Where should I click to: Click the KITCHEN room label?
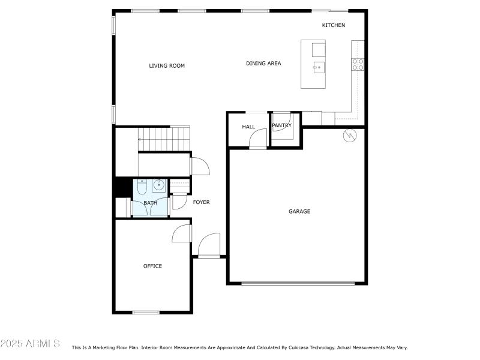click(x=334, y=25)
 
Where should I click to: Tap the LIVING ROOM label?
click(x=167, y=66)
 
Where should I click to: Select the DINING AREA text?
click(x=263, y=64)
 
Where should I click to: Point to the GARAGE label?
click(x=299, y=211)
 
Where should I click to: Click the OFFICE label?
click(x=152, y=266)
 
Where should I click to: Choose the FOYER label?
click(x=201, y=202)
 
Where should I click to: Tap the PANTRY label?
click(x=281, y=125)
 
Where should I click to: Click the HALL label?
click(x=248, y=127)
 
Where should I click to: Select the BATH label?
click(x=150, y=203)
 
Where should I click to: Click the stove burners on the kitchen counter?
click(x=358, y=64)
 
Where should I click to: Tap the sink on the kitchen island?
click(x=318, y=66)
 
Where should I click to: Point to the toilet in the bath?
click(x=142, y=187)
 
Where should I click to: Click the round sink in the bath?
click(x=160, y=185)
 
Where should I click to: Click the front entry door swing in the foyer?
click(x=209, y=245)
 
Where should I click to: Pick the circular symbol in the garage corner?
click(x=349, y=136)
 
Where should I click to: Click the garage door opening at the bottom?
click(x=298, y=283)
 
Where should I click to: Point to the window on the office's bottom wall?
click(x=146, y=312)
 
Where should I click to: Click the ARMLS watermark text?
click(x=30, y=344)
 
